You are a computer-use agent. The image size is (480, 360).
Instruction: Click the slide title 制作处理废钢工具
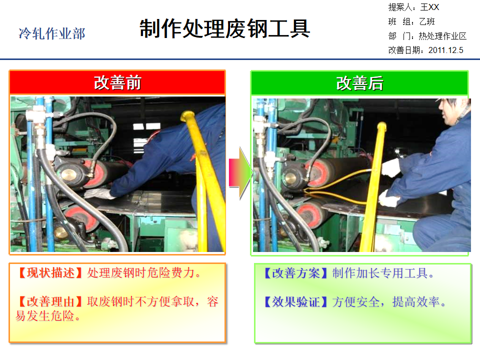click(224, 29)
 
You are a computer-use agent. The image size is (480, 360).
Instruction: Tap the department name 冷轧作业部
click(52, 34)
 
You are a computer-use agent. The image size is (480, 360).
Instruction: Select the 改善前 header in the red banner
click(117, 83)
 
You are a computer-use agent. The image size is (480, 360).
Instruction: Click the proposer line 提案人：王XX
click(413, 7)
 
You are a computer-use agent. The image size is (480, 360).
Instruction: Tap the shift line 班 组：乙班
click(411, 21)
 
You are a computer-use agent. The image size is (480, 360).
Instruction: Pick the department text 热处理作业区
click(442, 36)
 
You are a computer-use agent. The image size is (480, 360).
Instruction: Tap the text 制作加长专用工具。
click(383, 273)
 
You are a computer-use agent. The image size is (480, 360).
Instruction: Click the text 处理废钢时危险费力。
click(144, 273)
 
